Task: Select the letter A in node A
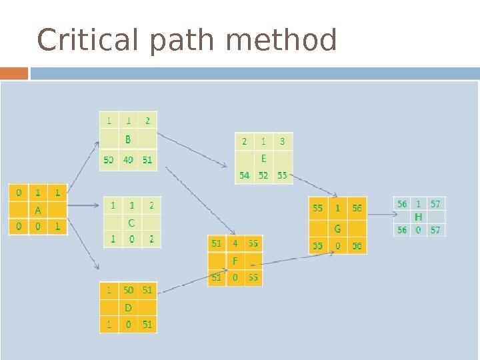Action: tap(38, 209)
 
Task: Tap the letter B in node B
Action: tap(128, 140)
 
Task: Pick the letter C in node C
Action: tap(131, 223)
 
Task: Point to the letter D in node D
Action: tap(128, 307)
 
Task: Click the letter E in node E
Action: tap(264, 159)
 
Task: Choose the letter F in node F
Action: tap(235, 261)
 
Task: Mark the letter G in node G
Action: tap(337, 228)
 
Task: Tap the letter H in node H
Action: tap(419, 217)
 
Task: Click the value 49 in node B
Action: tap(128, 160)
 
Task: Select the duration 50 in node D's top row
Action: tap(128, 290)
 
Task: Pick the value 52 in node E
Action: tap(264, 175)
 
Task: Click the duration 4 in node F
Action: tap(235, 243)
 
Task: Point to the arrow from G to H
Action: tap(381, 215)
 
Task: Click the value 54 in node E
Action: tap(245, 175)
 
